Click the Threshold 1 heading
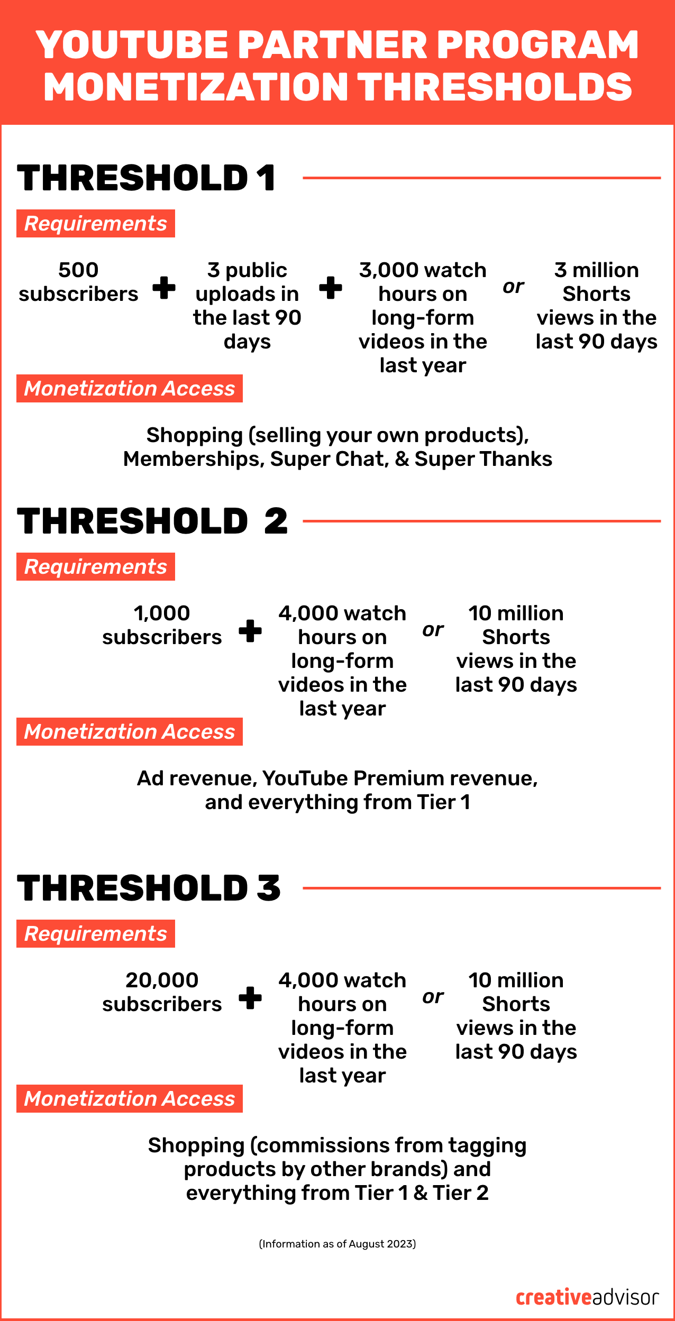146,178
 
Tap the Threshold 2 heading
152,521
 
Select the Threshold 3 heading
149,888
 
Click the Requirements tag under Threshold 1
96,224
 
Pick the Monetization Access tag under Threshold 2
130,732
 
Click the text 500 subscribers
78,282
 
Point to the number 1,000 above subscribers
162,613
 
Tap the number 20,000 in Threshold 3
162,980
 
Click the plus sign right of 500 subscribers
164,288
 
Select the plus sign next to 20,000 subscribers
250,998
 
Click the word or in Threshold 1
513,287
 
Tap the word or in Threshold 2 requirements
433,630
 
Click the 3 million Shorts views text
596,306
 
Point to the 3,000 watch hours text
423,317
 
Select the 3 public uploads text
247,306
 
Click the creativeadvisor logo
587,1297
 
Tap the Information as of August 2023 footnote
337,1244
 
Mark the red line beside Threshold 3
481,888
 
